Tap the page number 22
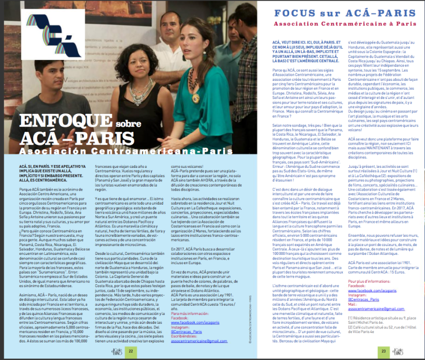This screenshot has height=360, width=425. tap(131, 351)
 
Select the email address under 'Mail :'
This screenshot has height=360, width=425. tap(366, 308)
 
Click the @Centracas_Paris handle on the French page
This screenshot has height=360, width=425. tap(350, 298)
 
